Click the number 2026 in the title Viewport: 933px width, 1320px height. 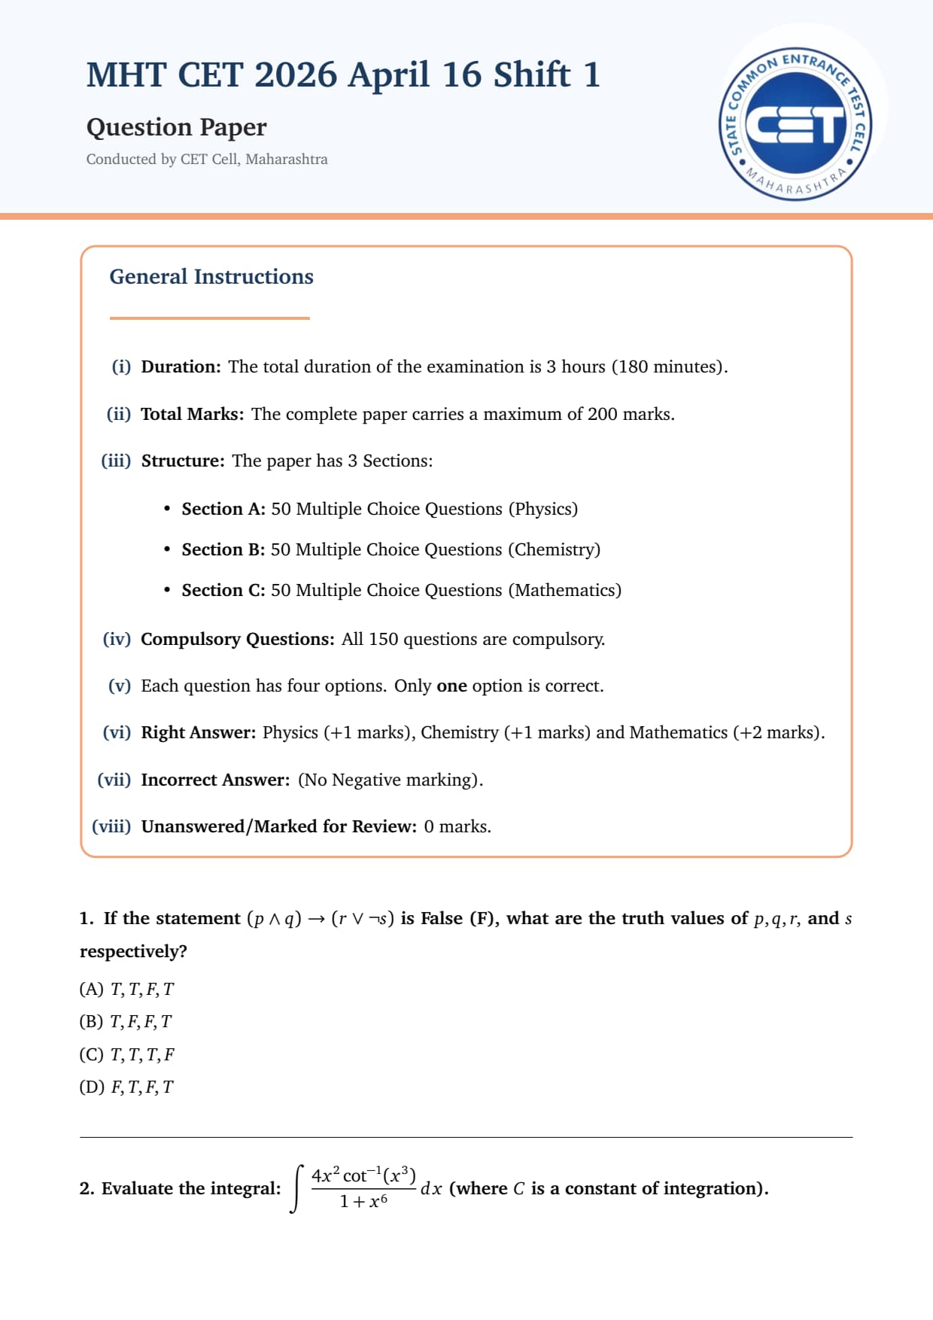point(296,75)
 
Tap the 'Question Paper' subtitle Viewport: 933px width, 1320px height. point(176,127)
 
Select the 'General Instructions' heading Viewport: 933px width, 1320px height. point(211,277)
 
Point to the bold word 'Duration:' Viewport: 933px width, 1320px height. point(181,366)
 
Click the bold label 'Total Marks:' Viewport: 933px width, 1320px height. point(192,414)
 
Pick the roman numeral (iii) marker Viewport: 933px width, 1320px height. point(116,461)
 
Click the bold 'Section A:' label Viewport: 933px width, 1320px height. point(223,509)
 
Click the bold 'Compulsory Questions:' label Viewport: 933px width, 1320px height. point(237,639)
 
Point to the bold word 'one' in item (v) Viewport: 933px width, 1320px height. point(451,686)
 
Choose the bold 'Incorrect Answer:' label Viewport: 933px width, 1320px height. point(215,780)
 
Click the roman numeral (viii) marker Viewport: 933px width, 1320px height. point(111,826)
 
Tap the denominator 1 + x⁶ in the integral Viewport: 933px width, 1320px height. point(363,1201)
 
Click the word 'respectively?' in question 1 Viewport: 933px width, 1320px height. point(133,951)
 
